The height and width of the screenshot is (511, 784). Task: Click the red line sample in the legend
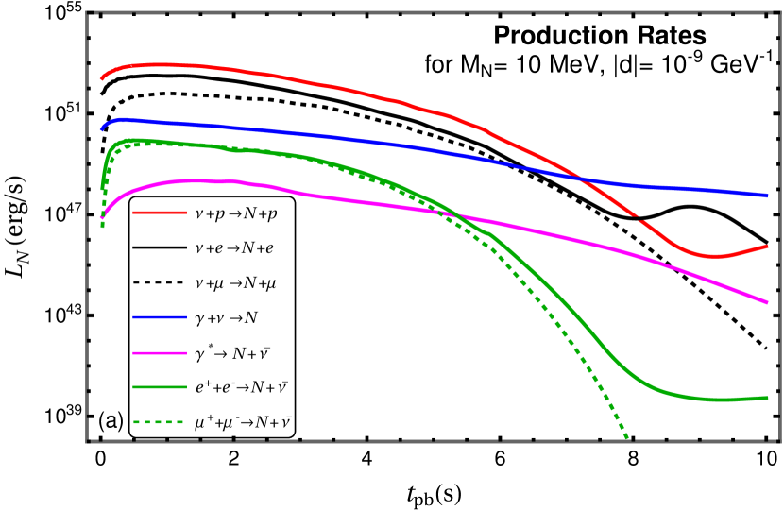159,213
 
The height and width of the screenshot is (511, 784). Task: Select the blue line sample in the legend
159,317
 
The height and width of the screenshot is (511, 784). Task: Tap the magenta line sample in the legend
159,353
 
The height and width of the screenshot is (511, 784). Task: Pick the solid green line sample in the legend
159,386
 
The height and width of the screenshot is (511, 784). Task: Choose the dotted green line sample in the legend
159,422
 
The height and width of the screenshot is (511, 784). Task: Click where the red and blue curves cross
583,178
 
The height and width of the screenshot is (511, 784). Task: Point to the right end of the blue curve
768,196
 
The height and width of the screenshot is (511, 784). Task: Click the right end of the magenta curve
768,303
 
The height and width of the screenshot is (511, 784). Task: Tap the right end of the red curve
768,246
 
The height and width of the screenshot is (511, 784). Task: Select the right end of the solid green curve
768,398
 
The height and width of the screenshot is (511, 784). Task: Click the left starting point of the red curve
101,79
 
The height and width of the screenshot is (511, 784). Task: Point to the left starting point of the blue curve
101,129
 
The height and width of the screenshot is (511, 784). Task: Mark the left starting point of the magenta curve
101,218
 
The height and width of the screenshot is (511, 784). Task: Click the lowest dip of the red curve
714,256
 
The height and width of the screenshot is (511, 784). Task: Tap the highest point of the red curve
161,64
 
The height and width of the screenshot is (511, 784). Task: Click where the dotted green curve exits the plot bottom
627,439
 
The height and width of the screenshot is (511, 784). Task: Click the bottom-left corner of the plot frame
87,441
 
